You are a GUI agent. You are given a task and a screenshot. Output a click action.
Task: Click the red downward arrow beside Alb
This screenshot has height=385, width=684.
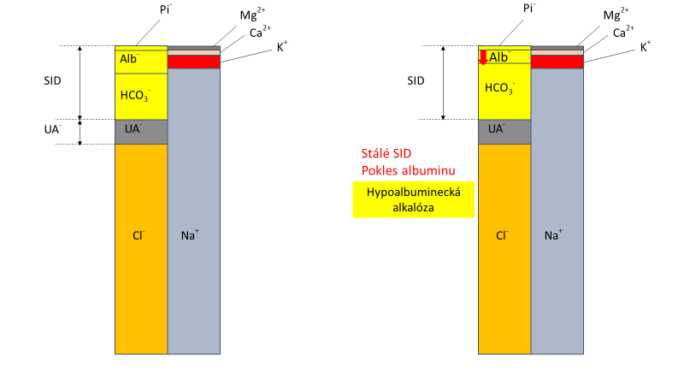tap(483, 57)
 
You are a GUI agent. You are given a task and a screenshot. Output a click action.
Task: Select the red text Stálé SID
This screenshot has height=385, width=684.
tap(386, 153)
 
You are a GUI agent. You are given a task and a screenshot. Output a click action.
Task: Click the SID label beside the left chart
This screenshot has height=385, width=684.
tap(53, 81)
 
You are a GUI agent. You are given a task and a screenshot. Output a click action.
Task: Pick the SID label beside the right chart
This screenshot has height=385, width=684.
tap(416, 81)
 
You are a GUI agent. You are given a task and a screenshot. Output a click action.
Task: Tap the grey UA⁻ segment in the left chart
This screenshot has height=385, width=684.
tap(141, 132)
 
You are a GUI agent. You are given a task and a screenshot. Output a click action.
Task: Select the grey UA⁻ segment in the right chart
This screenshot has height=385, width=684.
tap(504, 131)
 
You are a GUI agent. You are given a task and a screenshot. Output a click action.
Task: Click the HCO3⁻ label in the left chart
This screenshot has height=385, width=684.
tap(136, 96)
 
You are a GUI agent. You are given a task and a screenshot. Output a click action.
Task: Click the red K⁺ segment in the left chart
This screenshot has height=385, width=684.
tap(194, 62)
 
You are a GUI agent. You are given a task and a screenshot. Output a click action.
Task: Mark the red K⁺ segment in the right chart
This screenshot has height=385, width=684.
tap(557, 62)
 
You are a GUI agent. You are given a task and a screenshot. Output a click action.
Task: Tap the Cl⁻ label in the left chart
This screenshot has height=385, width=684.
tap(140, 234)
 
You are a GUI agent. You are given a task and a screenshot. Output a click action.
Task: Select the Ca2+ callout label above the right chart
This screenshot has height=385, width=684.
tap(624, 32)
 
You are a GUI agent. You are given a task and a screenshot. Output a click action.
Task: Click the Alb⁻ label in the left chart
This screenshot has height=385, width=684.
tap(131, 59)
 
